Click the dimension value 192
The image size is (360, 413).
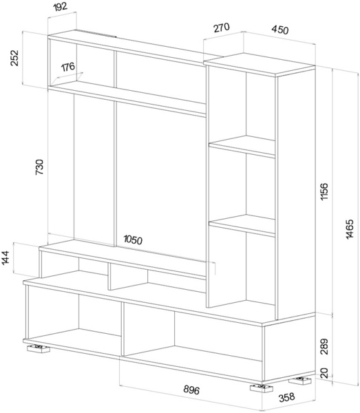(61, 7)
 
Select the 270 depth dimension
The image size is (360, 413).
(222, 28)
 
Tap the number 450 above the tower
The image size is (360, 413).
(280, 30)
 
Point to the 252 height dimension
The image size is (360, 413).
(14, 58)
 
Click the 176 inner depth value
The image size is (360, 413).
(68, 67)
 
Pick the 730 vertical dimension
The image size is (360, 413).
(39, 167)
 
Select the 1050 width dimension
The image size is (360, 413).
(133, 240)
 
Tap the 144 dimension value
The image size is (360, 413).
(6, 257)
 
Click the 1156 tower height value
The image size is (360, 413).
(324, 191)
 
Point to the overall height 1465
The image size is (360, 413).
(350, 229)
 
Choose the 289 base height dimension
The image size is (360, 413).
(324, 347)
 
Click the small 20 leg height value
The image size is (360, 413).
(324, 373)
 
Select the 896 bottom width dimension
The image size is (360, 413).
(191, 390)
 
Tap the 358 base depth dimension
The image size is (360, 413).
(286, 397)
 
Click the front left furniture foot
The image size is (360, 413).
(39, 348)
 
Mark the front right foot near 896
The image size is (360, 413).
(262, 388)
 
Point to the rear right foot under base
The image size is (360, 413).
(300, 381)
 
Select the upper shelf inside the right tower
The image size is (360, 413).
(242, 147)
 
